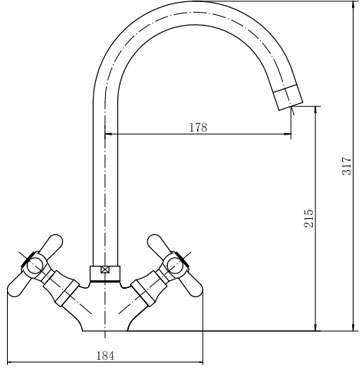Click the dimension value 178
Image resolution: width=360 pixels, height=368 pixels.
click(198, 127)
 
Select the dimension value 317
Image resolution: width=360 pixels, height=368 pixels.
click(347, 166)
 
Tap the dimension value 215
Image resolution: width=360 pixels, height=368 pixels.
click(309, 218)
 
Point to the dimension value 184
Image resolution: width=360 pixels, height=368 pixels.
click(105, 356)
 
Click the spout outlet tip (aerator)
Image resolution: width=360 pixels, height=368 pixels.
click(288, 97)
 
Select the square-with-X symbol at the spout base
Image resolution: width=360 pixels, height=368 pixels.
click(106, 270)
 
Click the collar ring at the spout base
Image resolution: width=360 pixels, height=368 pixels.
click(105, 274)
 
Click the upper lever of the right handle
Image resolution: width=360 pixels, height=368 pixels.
click(159, 246)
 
